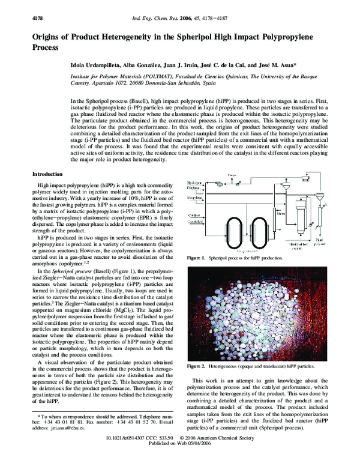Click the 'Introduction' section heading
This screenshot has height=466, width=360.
pos(49,174)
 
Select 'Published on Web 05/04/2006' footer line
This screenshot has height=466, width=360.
pos(181,460)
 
